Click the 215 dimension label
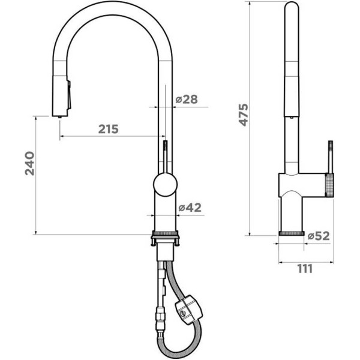coord(109,129)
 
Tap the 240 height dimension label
coord(30,163)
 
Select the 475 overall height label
coord(244,115)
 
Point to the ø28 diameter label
coord(187,100)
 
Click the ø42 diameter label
coord(190,208)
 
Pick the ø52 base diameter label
coord(319,236)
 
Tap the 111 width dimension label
coord(305,269)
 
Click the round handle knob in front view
coord(166,185)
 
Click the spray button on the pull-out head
coord(69,95)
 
